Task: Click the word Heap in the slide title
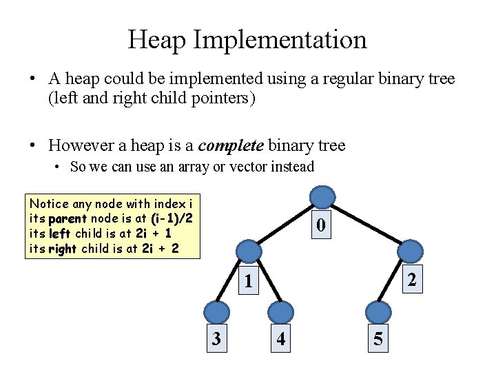tap(157, 39)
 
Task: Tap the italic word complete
tap(231, 145)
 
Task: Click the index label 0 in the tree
tap(320, 225)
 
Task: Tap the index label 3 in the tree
tap(216, 338)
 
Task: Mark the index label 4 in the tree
tap(281, 338)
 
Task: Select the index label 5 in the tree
tap(378, 338)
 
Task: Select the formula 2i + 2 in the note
tap(160, 249)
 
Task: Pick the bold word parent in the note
tap(68, 218)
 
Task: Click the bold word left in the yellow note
tap(60, 234)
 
